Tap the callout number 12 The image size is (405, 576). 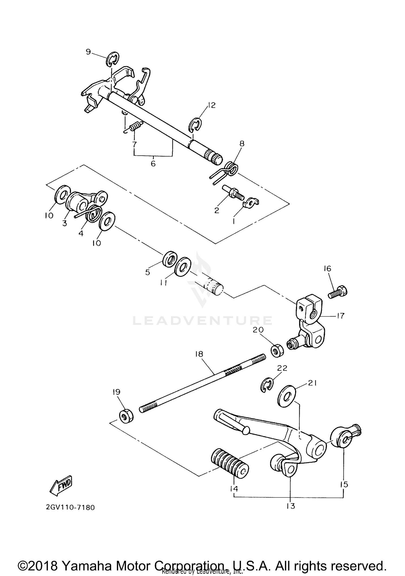pos(212,105)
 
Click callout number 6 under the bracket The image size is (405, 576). pos(153,164)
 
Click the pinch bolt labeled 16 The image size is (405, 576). pos(337,293)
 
